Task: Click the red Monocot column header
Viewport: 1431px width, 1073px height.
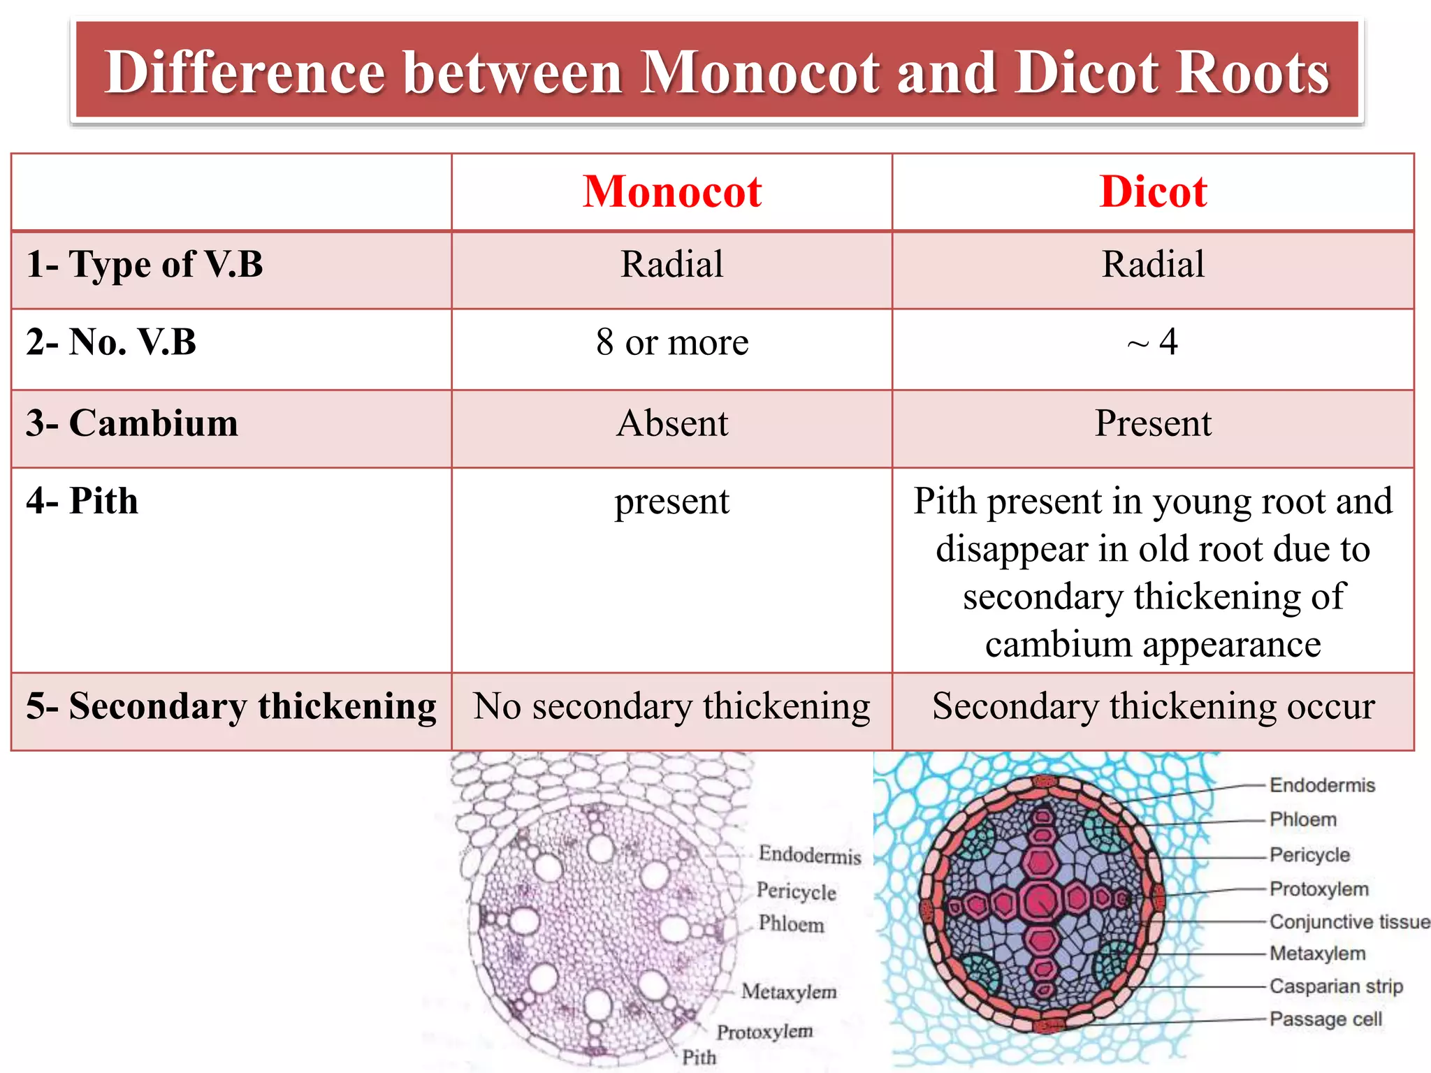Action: (671, 191)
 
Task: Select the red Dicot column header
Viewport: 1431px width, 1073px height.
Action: (1153, 191)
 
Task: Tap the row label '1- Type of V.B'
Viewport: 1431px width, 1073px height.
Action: (145, 265)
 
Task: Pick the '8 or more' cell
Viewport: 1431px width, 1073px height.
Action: (672, 342)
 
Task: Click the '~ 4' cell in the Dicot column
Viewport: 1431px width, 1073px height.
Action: (1153, 342)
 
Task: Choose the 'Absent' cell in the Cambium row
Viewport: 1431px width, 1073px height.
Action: (672, 423)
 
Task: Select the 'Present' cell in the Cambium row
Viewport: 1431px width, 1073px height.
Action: (1153, 423)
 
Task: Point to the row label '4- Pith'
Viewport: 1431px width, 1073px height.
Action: (82, 501)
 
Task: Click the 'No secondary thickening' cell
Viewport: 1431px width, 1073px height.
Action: (671, 706)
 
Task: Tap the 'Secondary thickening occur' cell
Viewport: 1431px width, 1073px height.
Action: (1153, 706)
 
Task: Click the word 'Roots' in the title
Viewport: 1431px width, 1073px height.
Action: (1251, 73)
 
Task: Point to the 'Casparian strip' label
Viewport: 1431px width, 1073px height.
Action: (1336, 986)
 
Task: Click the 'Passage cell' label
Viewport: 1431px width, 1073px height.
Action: (1325, 1019)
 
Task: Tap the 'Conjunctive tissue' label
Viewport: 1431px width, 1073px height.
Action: (1349, 921)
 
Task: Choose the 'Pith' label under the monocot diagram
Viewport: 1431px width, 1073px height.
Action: (699, 1057)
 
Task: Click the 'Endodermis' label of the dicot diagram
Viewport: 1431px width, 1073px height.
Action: (1322, 785)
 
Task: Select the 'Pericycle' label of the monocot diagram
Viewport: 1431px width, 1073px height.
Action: (796, 891)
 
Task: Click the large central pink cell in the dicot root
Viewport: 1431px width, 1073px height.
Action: (1041, 902)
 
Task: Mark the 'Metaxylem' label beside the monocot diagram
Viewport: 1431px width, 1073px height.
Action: (789, 991)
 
